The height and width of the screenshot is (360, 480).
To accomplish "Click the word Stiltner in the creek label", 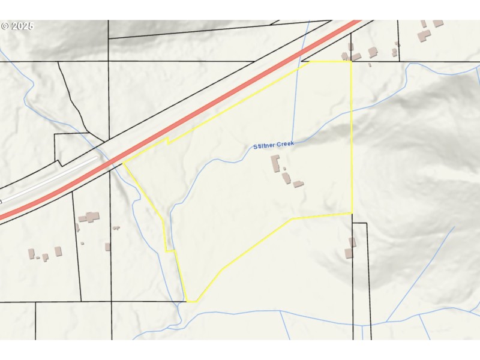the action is click(263, 146).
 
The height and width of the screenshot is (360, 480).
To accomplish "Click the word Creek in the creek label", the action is click(285, 145).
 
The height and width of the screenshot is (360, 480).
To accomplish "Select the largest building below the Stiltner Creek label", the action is click(276, 163).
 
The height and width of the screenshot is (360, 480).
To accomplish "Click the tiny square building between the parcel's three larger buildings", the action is click(284, 169).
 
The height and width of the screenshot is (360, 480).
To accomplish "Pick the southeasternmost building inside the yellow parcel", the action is click(298, 184).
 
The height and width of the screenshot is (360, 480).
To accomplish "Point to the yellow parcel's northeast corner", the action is click(351, 61).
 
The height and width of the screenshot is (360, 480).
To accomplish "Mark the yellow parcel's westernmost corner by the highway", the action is click(123, 162).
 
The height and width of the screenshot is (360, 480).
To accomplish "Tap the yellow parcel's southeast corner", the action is click(352, 213).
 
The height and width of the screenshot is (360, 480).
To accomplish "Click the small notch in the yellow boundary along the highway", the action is click(167, 141).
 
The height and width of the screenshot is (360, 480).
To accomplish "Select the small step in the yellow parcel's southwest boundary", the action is click(170, 251).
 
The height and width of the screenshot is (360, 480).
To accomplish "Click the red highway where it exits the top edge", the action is click(354, 23).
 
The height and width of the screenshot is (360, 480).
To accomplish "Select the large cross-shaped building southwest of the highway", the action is click(91, 217).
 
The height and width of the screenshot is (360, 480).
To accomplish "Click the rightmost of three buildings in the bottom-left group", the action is click(58, 251).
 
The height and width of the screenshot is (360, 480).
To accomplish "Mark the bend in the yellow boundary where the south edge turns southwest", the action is click(292, 219).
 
